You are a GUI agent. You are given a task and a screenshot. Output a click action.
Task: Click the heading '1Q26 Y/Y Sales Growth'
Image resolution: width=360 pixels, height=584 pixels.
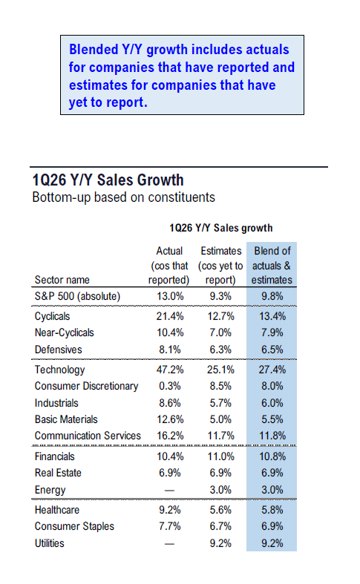tap(108, 180)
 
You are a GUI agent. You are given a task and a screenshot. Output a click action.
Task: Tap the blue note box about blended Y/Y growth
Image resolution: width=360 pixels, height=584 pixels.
tap(182, 76)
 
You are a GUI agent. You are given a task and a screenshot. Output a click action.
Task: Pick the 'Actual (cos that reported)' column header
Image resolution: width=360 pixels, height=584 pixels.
tap(169, 266)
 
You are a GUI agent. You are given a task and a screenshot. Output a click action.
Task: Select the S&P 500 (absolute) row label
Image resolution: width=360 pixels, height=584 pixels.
tap(78, 295)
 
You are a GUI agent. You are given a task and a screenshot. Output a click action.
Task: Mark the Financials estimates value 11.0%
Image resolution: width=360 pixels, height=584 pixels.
tap(220, 457)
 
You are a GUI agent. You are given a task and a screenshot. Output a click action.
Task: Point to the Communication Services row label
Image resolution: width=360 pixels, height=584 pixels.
tap(88, 436)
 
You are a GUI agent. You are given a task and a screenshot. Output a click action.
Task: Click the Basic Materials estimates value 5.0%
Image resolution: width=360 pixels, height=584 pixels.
tap(220, 419)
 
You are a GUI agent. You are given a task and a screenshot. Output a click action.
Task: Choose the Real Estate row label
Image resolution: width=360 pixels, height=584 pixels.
tap(58, 473)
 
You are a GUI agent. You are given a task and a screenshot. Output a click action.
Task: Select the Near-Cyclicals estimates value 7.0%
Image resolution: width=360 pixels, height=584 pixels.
tap(220, 332)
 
